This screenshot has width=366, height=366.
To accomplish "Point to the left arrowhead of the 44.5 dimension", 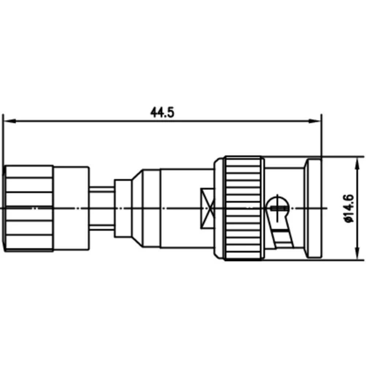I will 8,120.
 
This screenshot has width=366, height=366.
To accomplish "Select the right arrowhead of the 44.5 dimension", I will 315,120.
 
